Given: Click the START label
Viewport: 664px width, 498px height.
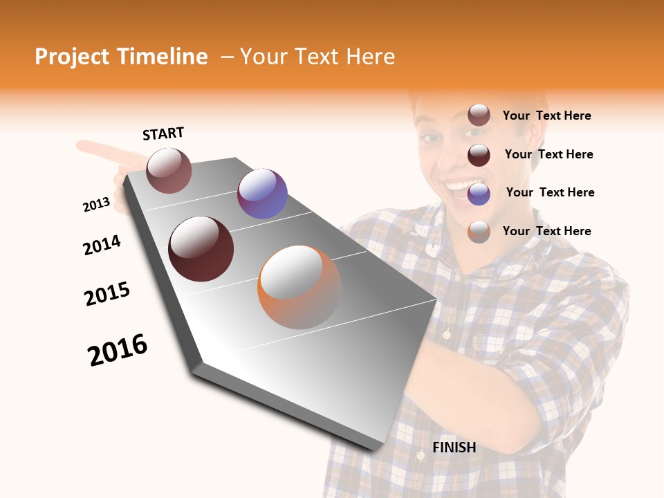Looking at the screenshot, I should coord(163,133).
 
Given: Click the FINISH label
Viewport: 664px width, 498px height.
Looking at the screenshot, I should coord(454,448).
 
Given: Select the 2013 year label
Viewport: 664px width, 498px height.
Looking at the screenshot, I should coord(96,204).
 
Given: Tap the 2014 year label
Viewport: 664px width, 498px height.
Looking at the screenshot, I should coord(102,245).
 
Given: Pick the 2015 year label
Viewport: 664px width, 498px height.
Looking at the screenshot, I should coord(107,293).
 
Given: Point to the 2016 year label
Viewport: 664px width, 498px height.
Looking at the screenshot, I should coord(118,349).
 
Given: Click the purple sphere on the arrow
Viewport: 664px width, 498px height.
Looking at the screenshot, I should coord(262,194).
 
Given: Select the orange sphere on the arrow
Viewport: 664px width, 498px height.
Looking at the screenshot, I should coord(299,287).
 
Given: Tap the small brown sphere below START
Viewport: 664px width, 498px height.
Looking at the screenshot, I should coord(169,170).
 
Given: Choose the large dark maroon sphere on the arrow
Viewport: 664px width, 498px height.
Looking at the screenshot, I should coord(201,249).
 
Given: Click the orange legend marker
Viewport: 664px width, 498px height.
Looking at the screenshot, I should coord(479,232).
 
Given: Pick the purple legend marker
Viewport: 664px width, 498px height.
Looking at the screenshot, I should coord(479,194).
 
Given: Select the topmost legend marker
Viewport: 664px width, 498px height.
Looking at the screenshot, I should coord(479,116).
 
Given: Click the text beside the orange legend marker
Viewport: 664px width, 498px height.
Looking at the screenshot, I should coord(546,231).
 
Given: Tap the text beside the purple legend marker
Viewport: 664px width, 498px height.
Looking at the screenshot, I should coord(550,192).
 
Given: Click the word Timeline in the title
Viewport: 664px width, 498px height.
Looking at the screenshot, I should coord(164,57).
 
